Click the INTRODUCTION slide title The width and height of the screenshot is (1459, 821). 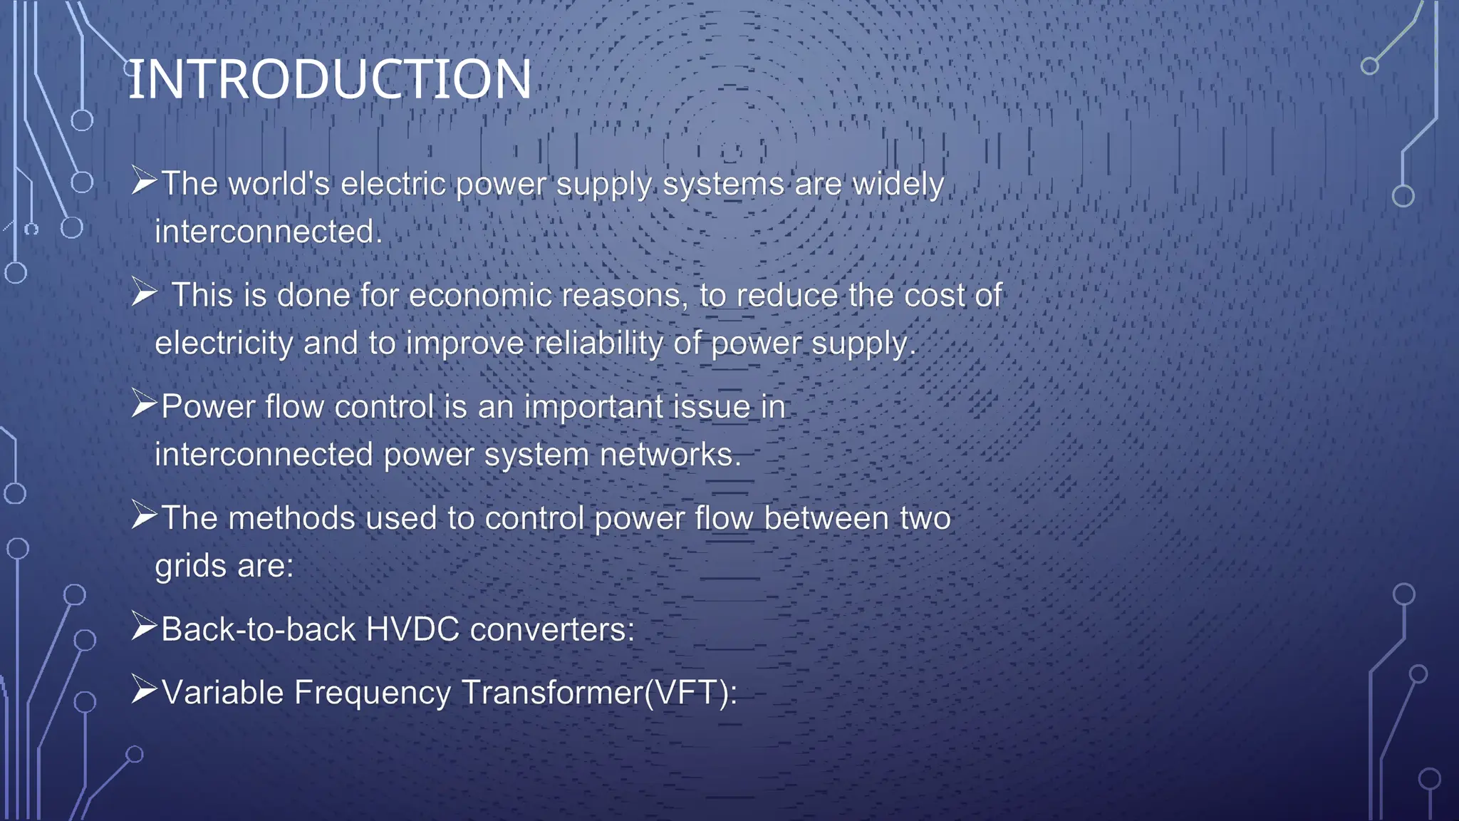(x=329, y=79)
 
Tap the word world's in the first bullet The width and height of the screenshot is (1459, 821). (x=279, y=184)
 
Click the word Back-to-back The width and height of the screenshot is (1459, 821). (x=258, y=629)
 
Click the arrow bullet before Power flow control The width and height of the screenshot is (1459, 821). (x=144, y=406)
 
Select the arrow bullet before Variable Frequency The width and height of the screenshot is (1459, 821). (x=144, y=691)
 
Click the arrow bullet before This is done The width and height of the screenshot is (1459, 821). (x=144, y=294)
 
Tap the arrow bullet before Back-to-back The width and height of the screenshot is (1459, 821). (x=144, y=628)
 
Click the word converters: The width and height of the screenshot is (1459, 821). (x=552, y=629)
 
